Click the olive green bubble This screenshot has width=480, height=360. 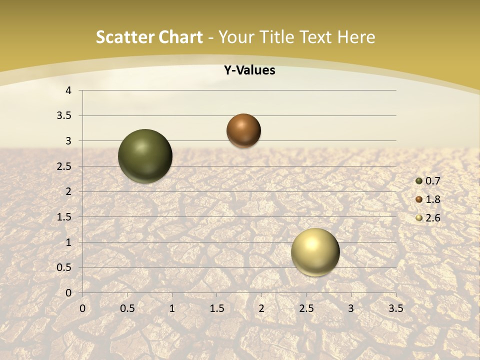coord(145,156)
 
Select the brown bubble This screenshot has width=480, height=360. coord(243,130)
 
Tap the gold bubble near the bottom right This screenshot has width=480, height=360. coord(315,252)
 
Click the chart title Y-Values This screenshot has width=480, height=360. coord(249,70)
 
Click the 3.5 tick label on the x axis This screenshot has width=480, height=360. coord(395,308)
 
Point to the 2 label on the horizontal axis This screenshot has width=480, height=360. coord(261,308)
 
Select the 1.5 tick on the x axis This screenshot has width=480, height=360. coord(216,308)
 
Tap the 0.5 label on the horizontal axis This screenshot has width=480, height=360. coord(127,308)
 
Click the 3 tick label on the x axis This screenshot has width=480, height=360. coord(351,308)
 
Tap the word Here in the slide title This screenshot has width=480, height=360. coord(356,37)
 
